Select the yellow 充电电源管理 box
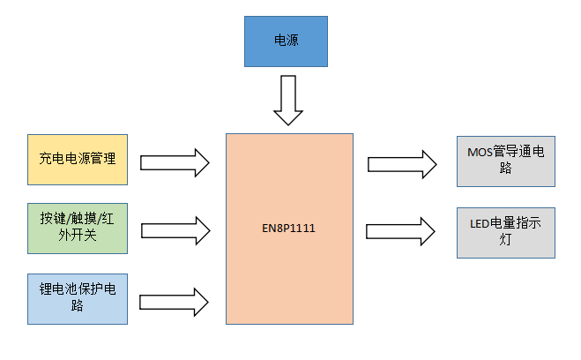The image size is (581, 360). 78,160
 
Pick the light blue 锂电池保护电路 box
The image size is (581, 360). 78,297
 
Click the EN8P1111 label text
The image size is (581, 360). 288,229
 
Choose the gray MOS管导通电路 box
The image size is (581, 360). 505,161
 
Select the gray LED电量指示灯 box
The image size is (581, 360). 505,232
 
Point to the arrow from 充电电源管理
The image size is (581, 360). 175,161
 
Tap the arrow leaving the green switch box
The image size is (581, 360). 175,230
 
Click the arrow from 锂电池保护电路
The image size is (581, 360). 175,299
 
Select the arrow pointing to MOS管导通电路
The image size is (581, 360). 402,163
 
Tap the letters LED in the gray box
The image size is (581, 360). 480,224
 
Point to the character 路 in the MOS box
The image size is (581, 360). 506,169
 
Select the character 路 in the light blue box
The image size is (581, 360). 78,306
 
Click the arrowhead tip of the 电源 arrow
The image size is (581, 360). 288,124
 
